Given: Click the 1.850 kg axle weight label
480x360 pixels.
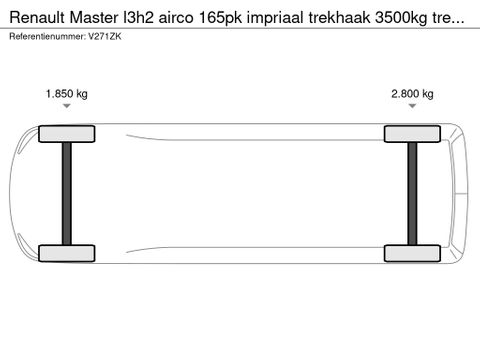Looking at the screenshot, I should (66, 94).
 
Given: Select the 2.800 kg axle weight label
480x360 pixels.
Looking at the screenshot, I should (412, 94).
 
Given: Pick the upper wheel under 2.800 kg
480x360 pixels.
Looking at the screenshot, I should (412, 133).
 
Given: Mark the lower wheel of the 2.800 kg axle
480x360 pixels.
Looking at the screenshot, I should (412, 254).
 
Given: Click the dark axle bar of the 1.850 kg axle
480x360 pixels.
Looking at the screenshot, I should (66, 193).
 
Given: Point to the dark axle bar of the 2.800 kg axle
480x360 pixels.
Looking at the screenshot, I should (412, 193).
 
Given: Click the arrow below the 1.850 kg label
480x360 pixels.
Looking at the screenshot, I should (66, 113).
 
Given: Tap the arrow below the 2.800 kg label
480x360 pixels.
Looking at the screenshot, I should (412, 113).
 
